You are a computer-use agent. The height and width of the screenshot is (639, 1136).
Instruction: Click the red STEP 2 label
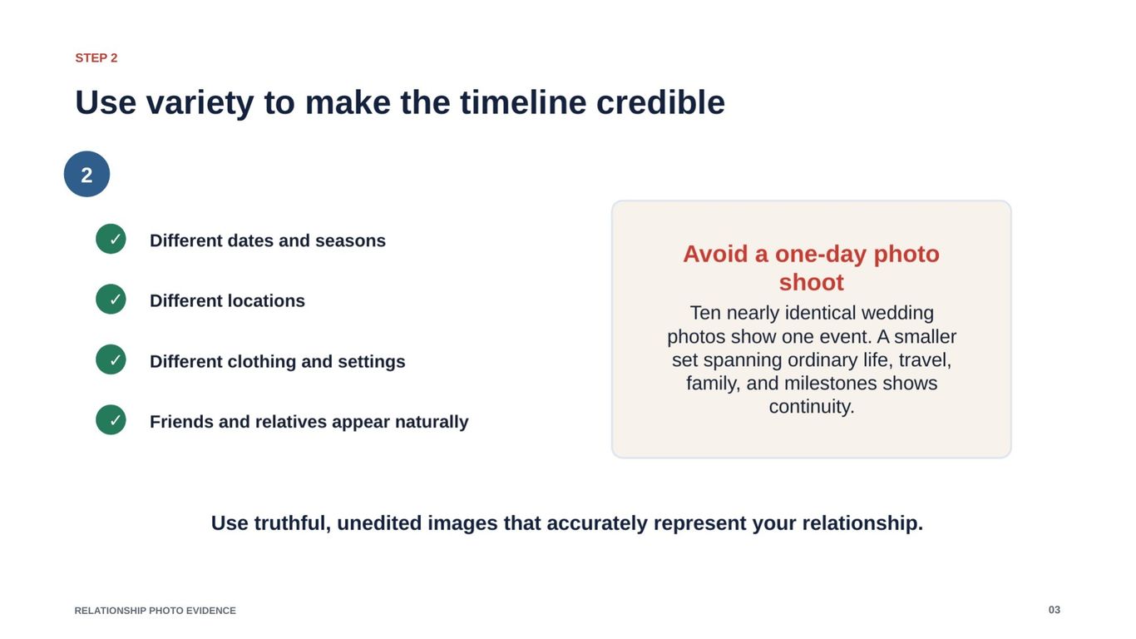96,58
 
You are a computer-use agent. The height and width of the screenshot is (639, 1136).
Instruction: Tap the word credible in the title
660,102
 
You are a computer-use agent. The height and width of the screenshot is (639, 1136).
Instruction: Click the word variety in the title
200,103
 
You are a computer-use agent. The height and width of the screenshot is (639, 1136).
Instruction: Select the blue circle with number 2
86,174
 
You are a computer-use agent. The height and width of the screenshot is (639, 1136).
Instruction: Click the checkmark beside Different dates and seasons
111,239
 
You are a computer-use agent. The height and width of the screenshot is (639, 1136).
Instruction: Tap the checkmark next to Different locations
111,299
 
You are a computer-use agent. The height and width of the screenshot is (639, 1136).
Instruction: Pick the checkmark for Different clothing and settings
111,359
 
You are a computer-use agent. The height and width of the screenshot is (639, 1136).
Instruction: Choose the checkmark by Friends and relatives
111,419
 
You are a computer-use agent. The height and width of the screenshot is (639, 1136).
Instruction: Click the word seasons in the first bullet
350,241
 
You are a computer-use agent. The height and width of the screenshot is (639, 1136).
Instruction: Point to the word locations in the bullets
266,301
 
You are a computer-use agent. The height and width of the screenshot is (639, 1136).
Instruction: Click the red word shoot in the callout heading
812,282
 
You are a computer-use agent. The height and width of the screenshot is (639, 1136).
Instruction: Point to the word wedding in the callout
897,313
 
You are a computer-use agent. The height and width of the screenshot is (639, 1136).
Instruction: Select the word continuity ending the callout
812,407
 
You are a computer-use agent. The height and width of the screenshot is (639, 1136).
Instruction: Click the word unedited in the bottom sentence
379,523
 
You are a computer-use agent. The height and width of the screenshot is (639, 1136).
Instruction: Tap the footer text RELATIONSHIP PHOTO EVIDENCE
156,611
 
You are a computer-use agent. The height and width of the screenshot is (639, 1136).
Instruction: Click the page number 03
1055,610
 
